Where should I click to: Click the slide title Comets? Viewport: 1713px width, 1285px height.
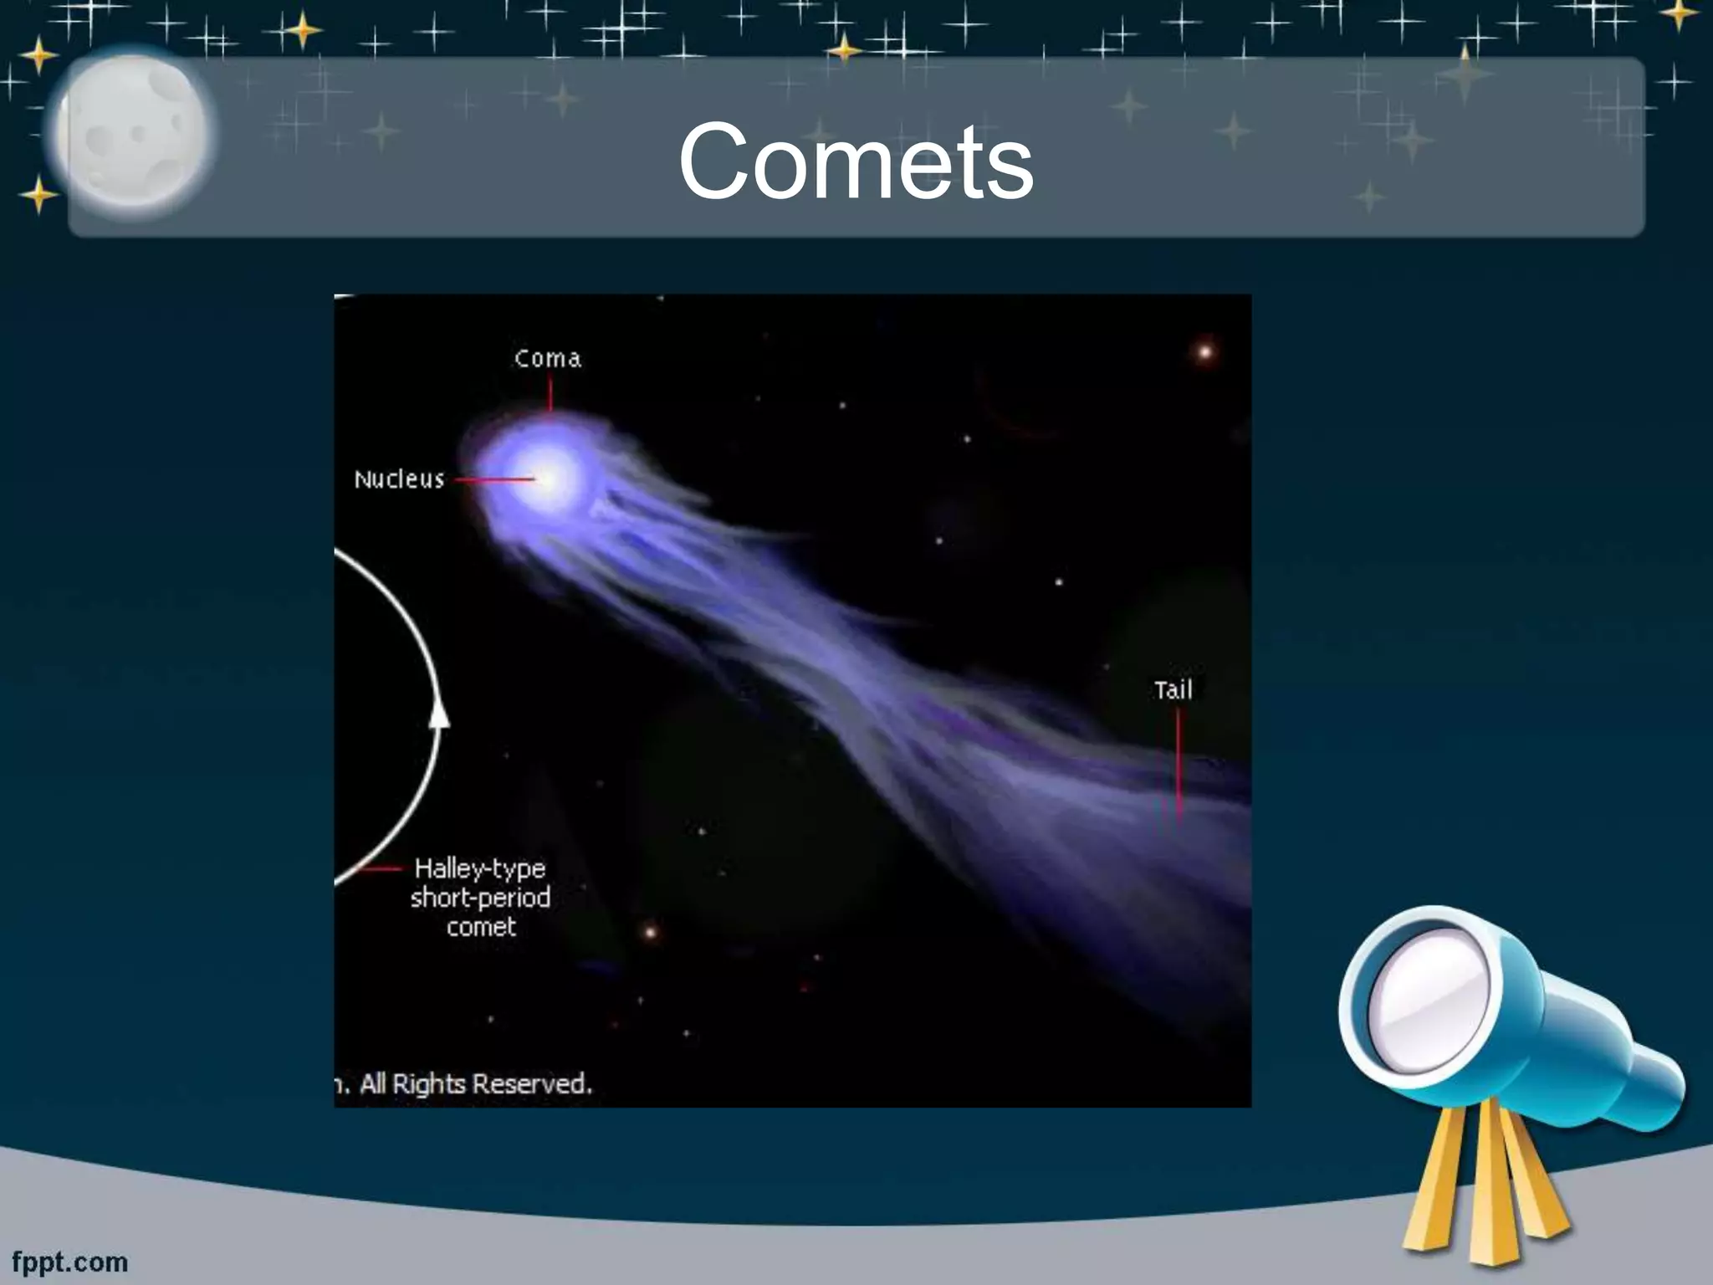click(x=856, y=161)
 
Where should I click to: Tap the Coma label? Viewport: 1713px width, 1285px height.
click(x=547, y=358)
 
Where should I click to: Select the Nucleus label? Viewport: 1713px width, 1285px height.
click(x=399, y=479)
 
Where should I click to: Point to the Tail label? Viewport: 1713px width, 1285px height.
click(x=1173, y=690)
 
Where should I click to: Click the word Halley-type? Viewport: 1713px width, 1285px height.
click(x=479, y=868)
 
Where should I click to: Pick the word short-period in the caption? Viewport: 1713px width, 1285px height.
click(x=480, y=898)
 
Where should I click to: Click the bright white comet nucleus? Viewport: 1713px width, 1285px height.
click(x=548, y=479)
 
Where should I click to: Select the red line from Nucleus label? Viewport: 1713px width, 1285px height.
click(x=494, y=480)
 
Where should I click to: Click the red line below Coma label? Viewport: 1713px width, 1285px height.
click(x=550, y=393)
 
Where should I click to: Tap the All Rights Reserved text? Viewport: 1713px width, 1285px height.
click(x=474, y=1084)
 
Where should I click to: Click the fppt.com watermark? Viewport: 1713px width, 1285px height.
click(x=70, y=1262)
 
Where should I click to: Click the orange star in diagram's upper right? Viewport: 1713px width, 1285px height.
click(x=1204, y=351)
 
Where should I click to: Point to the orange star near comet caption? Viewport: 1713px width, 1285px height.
click(x=649, y=931)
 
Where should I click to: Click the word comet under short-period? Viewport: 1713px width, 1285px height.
click(x=481, y=927)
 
